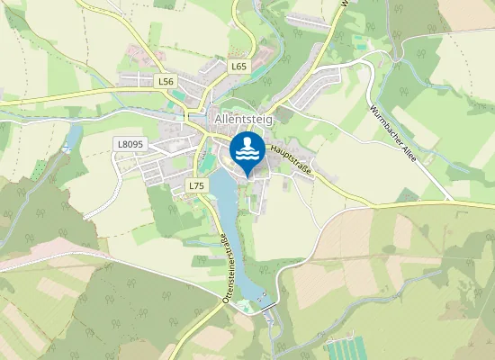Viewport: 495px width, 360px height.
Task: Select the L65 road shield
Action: [238, 67]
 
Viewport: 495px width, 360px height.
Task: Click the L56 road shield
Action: [166, 81]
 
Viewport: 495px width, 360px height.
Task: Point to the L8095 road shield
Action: [130, 143]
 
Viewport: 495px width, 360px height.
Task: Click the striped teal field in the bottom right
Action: [347, 349]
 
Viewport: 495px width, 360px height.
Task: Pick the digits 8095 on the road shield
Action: [134, 143]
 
